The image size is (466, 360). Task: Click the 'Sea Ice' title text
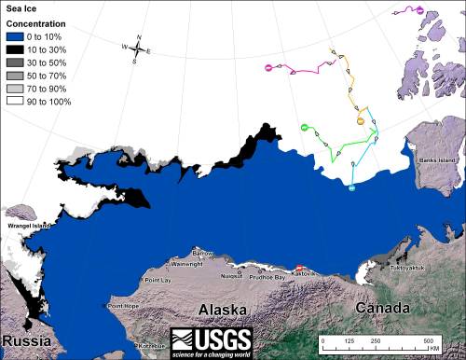click(x=20, y=8)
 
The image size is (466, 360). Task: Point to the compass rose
click(x=135, y=49)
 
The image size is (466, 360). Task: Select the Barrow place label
click(x=202, y=254)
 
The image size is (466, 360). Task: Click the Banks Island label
click(x=434, y=159)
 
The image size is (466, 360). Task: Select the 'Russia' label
click(x=23, y=340)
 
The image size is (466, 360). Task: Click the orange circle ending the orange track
click(x=360, y=120)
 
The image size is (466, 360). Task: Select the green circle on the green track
click(x=305, y=127)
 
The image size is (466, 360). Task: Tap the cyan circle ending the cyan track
click(x=352, y=188)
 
